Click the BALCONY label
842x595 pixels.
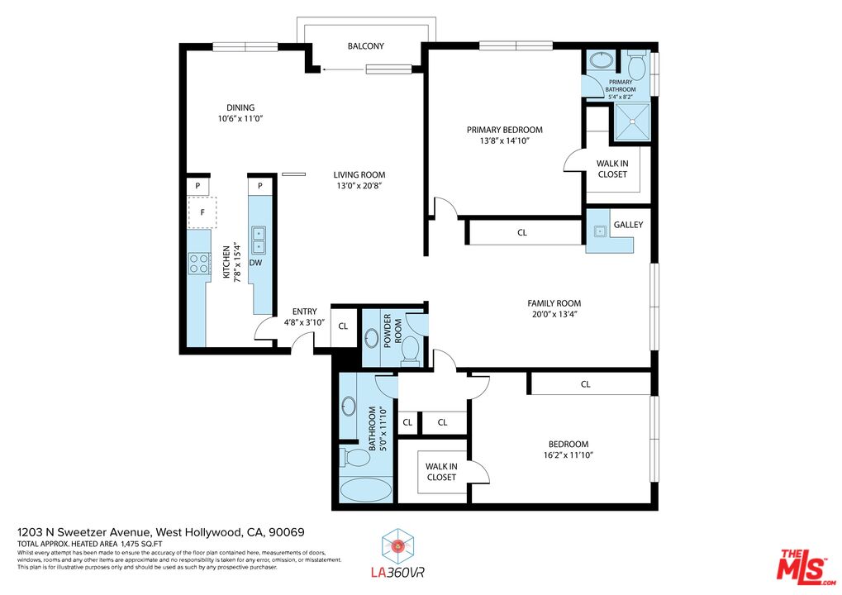[x=365, y=46]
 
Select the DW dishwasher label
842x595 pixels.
[x=256, y=263]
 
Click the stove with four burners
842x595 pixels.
[x=199, y=264]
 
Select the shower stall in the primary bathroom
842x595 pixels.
[x=630, y=121]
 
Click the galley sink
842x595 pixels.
[x=598, y=232]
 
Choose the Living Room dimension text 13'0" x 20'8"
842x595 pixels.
[x=359, y=186]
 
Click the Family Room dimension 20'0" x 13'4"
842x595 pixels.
[x=554, y=314]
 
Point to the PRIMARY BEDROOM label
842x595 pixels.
[x=504, y=130]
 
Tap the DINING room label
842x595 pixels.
[x=240, y=107]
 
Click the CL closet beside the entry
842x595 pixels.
[x=343, y=325]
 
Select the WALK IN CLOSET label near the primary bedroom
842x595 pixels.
[x=611, y=169]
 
